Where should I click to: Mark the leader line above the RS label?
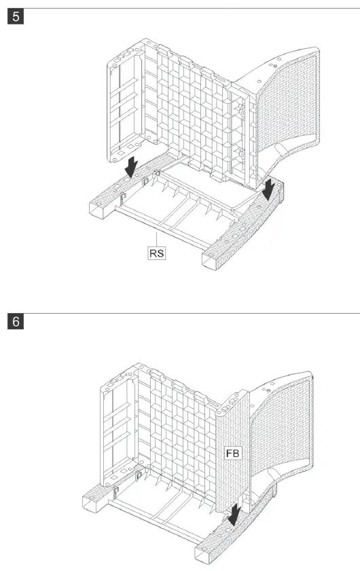158,238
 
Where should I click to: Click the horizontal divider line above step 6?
180,313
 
